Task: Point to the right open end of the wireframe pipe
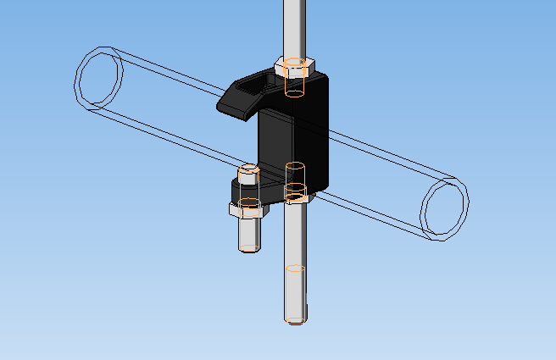tap(444, 208)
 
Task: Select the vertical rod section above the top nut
tap(292, 25)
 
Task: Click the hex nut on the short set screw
tap(249, 210)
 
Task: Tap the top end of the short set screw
tap(248, 172)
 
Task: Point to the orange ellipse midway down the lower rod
tap(294, 268)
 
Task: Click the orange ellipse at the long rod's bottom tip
tap(294, 321)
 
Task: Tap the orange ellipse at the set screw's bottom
tap(248, 248)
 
